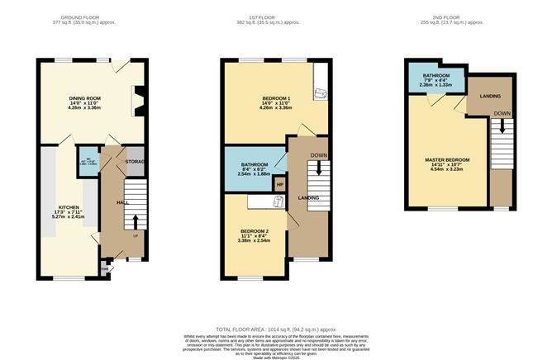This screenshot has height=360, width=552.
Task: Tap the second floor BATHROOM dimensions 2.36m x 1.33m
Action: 435,84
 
